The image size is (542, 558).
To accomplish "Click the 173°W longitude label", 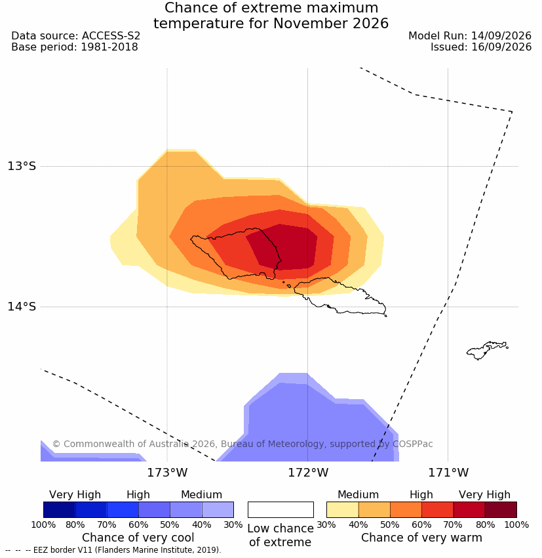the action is coord(167,473).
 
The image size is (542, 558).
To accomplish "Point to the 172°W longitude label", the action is coord(307,473).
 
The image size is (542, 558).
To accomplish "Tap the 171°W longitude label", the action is coord(448,473).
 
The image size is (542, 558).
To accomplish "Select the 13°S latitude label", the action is coord(22,166).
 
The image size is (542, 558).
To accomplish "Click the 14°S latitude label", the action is coord(22,307).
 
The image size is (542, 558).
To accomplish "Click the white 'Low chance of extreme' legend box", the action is coord(281,509).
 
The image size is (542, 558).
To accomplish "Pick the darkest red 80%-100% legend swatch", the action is coord(501,509).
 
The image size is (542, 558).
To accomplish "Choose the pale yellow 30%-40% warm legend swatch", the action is coord(342,509).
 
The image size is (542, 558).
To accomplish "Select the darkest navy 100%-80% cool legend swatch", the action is coord(60,509).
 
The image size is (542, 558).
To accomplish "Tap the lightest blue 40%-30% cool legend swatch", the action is coord(218,509).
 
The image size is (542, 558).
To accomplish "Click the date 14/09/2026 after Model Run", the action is coord(501,36).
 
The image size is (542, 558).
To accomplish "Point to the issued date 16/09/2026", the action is coord(501,47).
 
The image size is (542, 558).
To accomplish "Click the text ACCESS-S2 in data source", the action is coord(111,36).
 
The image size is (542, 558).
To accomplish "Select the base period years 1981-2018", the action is coord(109,47).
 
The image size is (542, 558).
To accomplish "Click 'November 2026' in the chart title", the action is coord(331,24).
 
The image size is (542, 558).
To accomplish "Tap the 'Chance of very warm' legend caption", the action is coord(421,538).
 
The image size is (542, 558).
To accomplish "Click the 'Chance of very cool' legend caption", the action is coord(138,538).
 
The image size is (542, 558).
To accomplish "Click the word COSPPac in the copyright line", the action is coord(412,444).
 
